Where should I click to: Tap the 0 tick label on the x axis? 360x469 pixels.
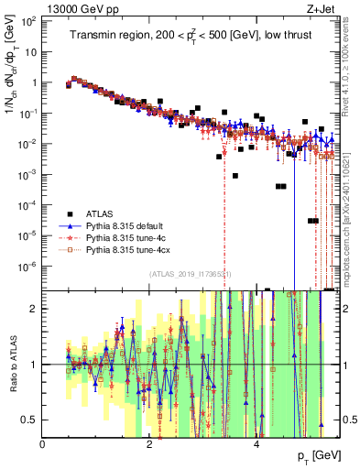click(x=43, y=443)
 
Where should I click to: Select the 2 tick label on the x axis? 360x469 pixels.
click(x=150, y=443)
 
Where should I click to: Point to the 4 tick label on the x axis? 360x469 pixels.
click(x=256, y=443)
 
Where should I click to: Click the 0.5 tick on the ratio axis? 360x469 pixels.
click(x=30, y=420)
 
